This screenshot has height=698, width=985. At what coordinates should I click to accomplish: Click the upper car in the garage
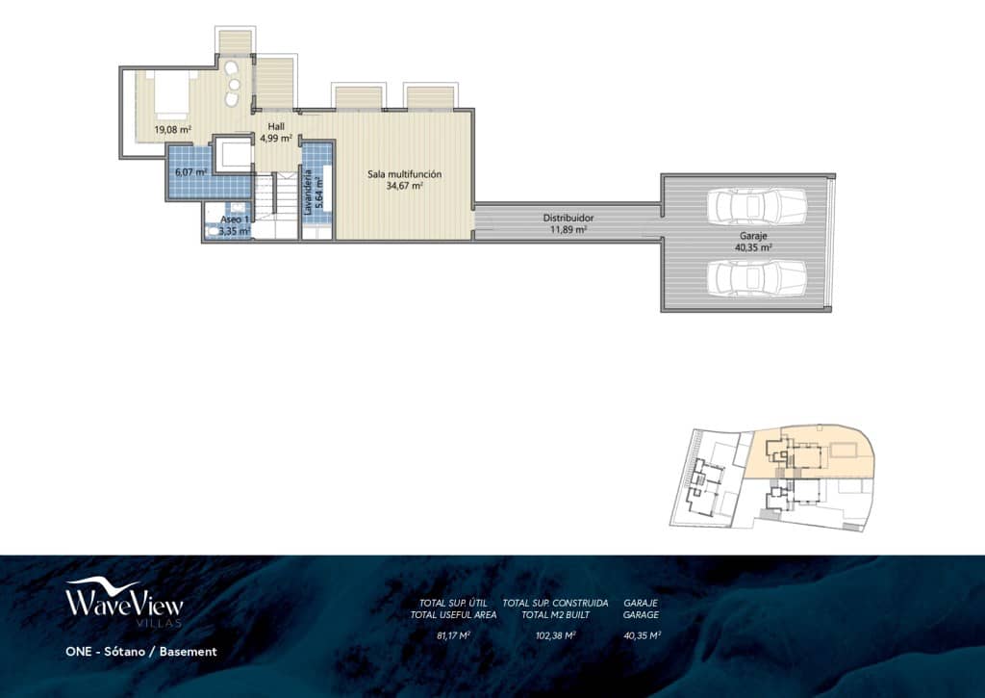[756, 204]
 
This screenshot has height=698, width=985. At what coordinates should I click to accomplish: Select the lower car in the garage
[756, 277]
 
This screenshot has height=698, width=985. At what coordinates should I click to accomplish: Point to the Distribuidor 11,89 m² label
[567, 224]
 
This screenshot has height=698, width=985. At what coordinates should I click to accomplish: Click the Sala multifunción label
[404, 180]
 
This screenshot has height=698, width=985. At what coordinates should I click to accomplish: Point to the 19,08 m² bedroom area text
[172, 129]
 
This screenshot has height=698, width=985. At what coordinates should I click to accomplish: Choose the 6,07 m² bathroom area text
[189, 172]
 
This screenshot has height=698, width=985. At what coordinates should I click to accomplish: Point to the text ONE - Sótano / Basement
[140, 652]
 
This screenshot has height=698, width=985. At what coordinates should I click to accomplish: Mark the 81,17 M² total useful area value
[453, 635]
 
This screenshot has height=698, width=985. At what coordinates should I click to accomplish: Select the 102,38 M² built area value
[555, 635]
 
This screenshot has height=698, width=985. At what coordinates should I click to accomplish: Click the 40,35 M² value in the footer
[641, 635]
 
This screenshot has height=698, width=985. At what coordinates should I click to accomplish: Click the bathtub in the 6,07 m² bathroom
[231, 155]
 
